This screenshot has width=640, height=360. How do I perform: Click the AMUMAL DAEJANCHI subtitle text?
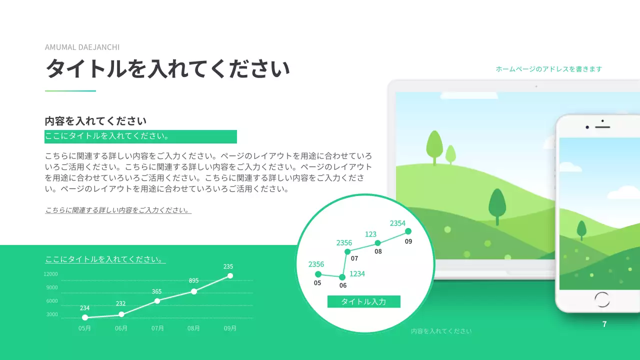82,47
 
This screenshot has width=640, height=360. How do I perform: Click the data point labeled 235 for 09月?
230,276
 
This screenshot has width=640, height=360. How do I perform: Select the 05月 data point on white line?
85,317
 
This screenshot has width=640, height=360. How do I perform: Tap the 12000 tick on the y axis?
51,274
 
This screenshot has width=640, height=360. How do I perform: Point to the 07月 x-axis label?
157,328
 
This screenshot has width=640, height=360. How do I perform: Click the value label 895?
194,280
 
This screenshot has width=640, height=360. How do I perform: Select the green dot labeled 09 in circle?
408,231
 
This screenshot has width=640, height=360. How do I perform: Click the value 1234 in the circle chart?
357,274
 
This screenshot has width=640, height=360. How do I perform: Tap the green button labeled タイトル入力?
363,301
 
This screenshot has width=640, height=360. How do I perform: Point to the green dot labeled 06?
342,277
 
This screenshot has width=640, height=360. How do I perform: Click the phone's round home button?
602,299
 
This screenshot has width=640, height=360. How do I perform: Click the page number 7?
604,324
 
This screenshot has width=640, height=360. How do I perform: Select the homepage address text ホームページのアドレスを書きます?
548,69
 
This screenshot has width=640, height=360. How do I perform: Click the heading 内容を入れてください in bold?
95,121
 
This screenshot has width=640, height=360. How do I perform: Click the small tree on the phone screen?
581,230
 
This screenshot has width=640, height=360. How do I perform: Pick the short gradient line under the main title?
70,91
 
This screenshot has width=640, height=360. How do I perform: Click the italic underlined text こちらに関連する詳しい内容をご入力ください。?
118,210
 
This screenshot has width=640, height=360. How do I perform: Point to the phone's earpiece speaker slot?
603,126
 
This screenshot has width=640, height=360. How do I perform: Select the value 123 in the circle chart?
370,234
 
